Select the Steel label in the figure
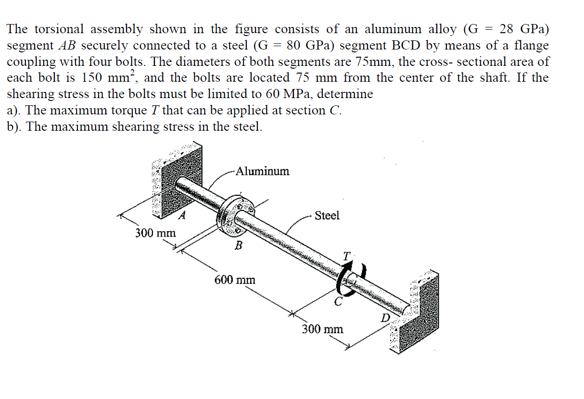(x=327, y=215)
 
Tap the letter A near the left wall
(x=182, y=216)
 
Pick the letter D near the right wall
(x=385, y=318)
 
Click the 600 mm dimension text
(x=235, y=280)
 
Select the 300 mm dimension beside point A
(x=155, y=233)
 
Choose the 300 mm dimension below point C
(x=322, y=329)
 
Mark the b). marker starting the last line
(x=16, y=127)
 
